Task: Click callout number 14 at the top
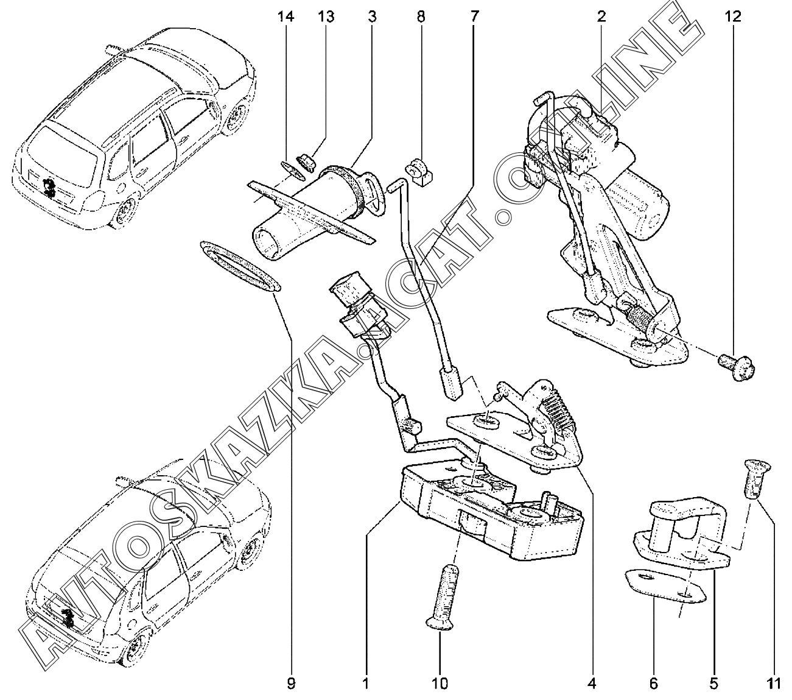286,17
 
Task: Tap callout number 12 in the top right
733,17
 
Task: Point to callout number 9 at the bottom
291,684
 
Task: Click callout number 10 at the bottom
440,684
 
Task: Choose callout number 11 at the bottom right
773,684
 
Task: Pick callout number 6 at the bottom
653,684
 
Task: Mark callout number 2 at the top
601,17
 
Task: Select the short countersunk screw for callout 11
757,479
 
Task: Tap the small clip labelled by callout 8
419,172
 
